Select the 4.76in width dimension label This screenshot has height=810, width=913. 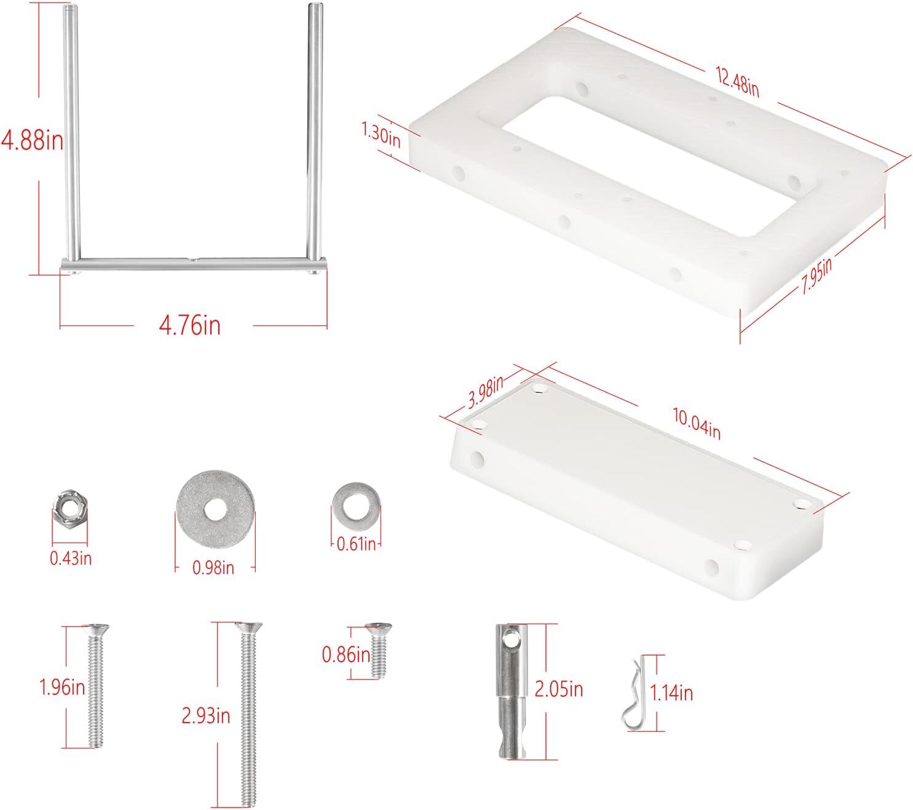coord(189,324)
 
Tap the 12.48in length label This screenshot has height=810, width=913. coord(737,80)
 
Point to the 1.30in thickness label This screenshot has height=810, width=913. coord(381,133)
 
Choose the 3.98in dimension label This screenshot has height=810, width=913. coord(486,394)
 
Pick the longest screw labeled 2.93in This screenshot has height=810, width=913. coord(248,713)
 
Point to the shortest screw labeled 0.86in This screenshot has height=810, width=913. coord(377,649)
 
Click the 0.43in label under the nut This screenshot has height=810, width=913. coord(71,558)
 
